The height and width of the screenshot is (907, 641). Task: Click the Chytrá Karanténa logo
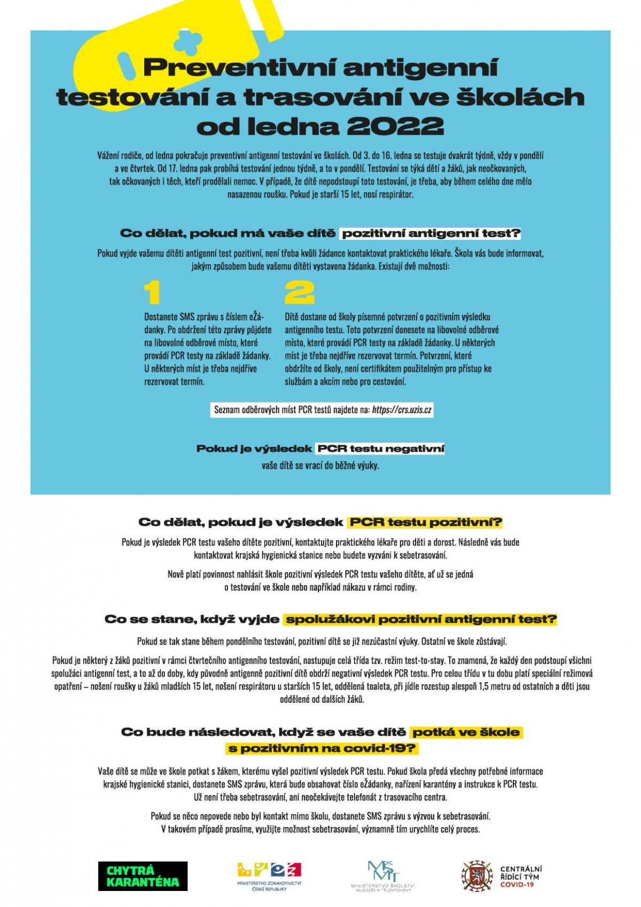pyautogui.click(x=143, y=876)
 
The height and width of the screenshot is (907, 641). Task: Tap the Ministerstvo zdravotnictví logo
pyautogui.click(x=269, y=875)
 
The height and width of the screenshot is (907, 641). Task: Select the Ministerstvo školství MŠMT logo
pyautogui.click(x=383, y=875)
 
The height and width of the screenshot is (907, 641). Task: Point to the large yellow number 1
pyautogui.click(x=152, y=293)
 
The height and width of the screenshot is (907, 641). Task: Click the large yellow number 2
pyautogui.click(x=299, y=293)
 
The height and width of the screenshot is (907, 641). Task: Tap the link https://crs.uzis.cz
pyautogui.click(x=402, y=410)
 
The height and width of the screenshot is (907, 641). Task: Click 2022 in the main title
pyautogui.click(x=395, y=127)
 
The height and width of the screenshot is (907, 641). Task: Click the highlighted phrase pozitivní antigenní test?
pyautogui.click(x=431, y=234)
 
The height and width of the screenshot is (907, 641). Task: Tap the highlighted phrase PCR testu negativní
pyautogui.click(x=380, y=448)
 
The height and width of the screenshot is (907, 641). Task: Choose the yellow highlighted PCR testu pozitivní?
pyautogui.click(x=425, y=522)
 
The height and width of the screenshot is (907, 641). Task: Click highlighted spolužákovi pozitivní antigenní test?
pyautogui.click(x=420, y=619)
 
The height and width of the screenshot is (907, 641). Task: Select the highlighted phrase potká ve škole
pyautogui.click(x=466, y=732)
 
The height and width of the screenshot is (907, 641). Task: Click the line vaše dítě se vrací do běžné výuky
pyautogui.click(x=320, y=466)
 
